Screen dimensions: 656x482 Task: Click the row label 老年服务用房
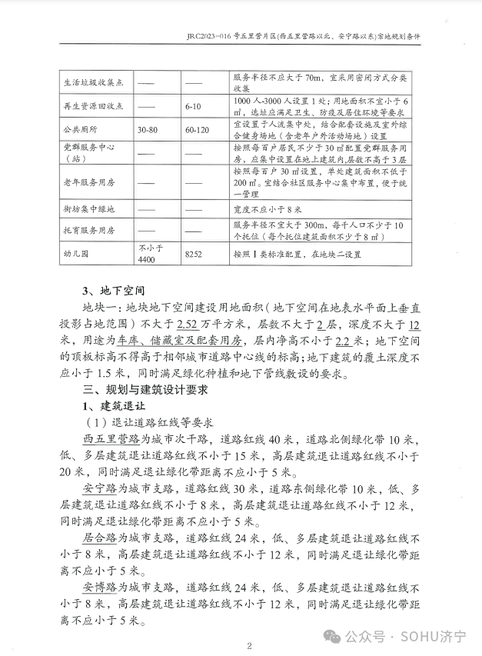coord(90,183)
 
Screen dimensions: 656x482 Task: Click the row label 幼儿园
coord(78,255)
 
